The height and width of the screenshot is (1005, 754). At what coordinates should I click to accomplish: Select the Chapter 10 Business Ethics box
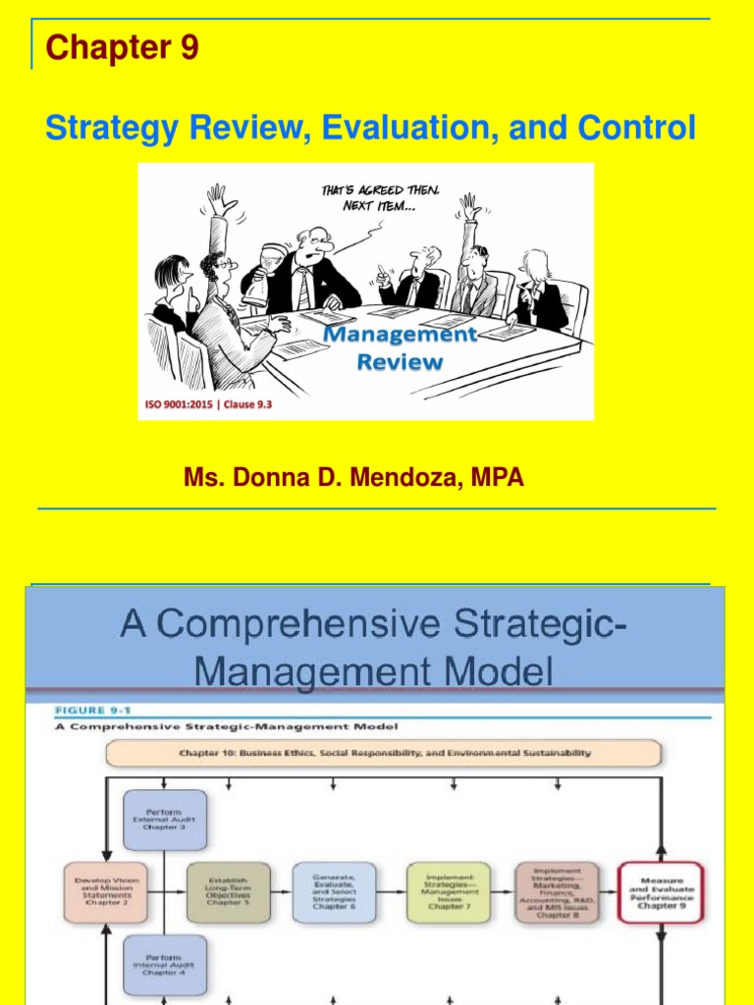[x=383, y=753]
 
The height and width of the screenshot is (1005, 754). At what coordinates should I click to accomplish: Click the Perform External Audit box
[x=165, y=820]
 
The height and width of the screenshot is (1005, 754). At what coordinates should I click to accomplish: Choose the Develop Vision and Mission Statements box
[x=106, y=891]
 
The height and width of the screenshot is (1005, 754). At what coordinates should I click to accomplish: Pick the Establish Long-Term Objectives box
[x=228, y=891]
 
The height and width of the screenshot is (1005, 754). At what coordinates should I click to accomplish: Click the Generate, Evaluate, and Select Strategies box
[x=334, y=891]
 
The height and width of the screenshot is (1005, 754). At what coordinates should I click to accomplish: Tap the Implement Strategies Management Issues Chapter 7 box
[x=449, y=891]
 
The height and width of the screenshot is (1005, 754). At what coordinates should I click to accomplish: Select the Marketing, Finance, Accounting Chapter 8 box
[x=557, y=891]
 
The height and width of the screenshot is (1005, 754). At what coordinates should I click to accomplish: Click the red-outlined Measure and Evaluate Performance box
[x=661, y=891]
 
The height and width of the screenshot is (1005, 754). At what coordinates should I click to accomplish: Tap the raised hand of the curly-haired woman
[x=219, y=202]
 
